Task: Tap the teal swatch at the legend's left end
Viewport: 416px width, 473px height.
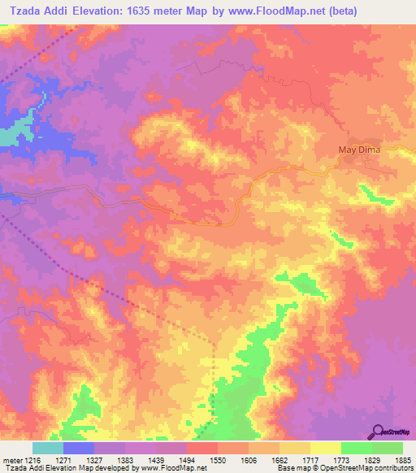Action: coord(48,448)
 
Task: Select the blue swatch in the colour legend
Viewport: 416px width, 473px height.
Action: coord(79,448)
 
